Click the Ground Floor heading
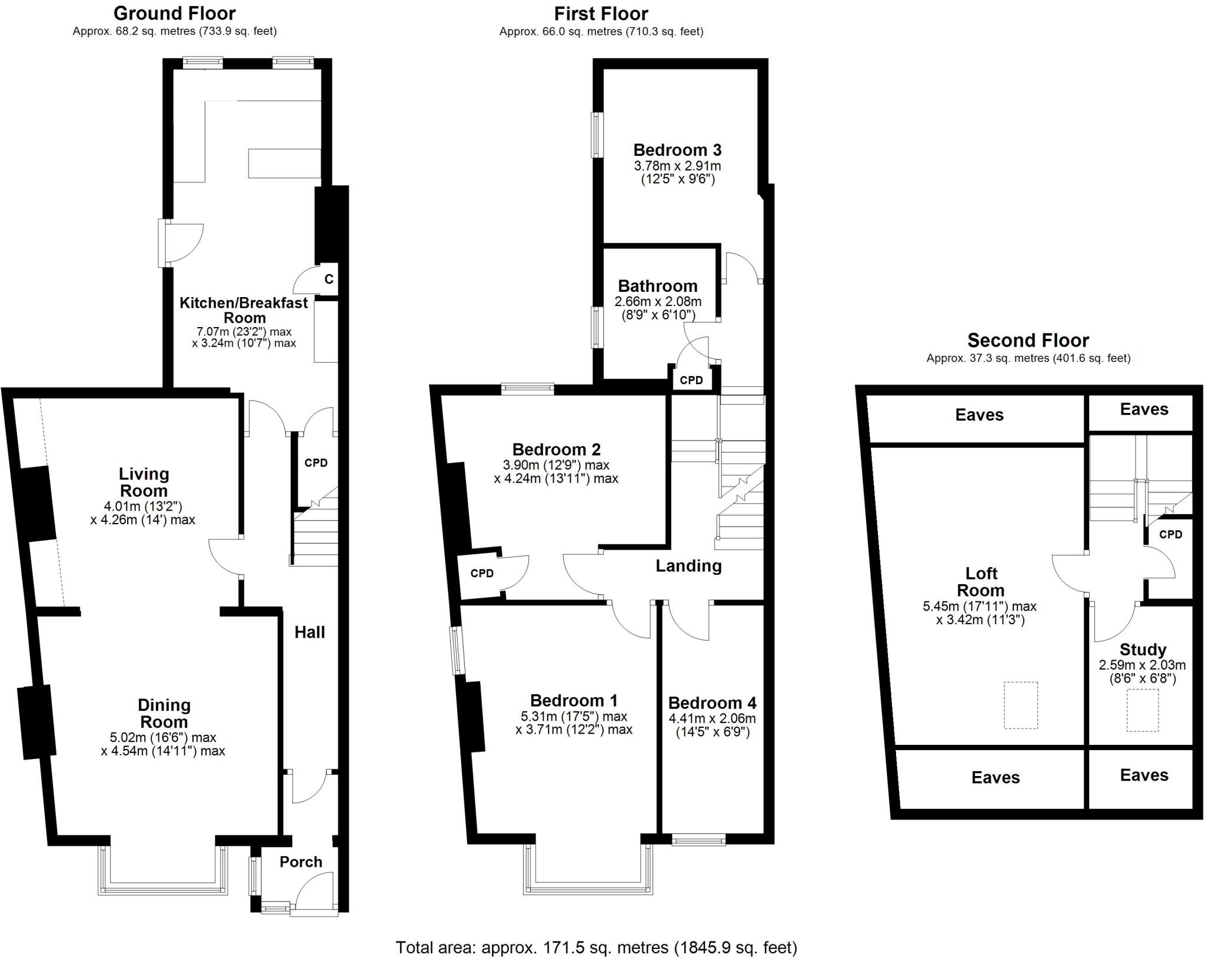[x=175, y=13]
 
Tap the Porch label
[x=301, y=862]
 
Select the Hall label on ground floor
[x=309, y=632]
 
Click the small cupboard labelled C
[x=328, y=279]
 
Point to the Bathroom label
[x=657, y=287]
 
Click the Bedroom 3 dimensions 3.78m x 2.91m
[x=677, y=167]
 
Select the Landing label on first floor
[x=688, y=566]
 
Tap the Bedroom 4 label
[x=712, y=703]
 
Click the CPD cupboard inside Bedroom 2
[x=482, y=574]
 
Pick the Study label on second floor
[x=1143, y=650]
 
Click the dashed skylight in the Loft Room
[x=1020, y=705]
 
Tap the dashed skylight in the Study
[x=1143, y=711]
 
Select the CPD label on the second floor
[x=1170, y=535]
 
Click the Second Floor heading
[x=1028, y=340]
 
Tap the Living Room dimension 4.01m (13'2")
[x=143, y=506]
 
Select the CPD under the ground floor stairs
[x=316, y=463]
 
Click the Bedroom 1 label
[x=574, y=701]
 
